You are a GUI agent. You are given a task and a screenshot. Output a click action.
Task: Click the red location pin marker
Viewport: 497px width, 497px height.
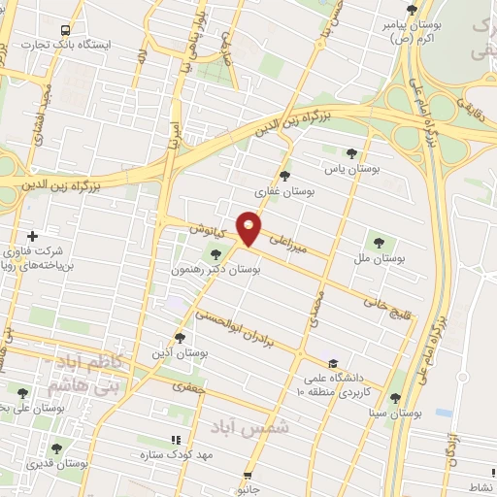[x=249, y=227]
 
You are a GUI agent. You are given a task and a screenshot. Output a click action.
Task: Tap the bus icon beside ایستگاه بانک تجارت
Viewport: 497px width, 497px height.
[x=65, y=30]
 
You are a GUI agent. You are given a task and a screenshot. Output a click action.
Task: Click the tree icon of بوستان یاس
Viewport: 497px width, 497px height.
[x=351, y=152]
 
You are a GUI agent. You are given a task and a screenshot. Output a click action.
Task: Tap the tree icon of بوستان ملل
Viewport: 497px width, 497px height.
[x=378, y=243]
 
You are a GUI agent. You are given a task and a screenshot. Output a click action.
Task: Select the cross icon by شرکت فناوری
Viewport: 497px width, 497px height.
[x=33, y=236]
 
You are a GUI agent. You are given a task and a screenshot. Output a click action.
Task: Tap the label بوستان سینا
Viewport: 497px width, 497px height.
[x=397, y=413]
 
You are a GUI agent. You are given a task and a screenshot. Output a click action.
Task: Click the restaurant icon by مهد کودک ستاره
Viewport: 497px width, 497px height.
[x=176, y=439]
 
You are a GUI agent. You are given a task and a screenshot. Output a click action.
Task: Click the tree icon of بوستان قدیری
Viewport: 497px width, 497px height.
[x=56, y=448]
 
